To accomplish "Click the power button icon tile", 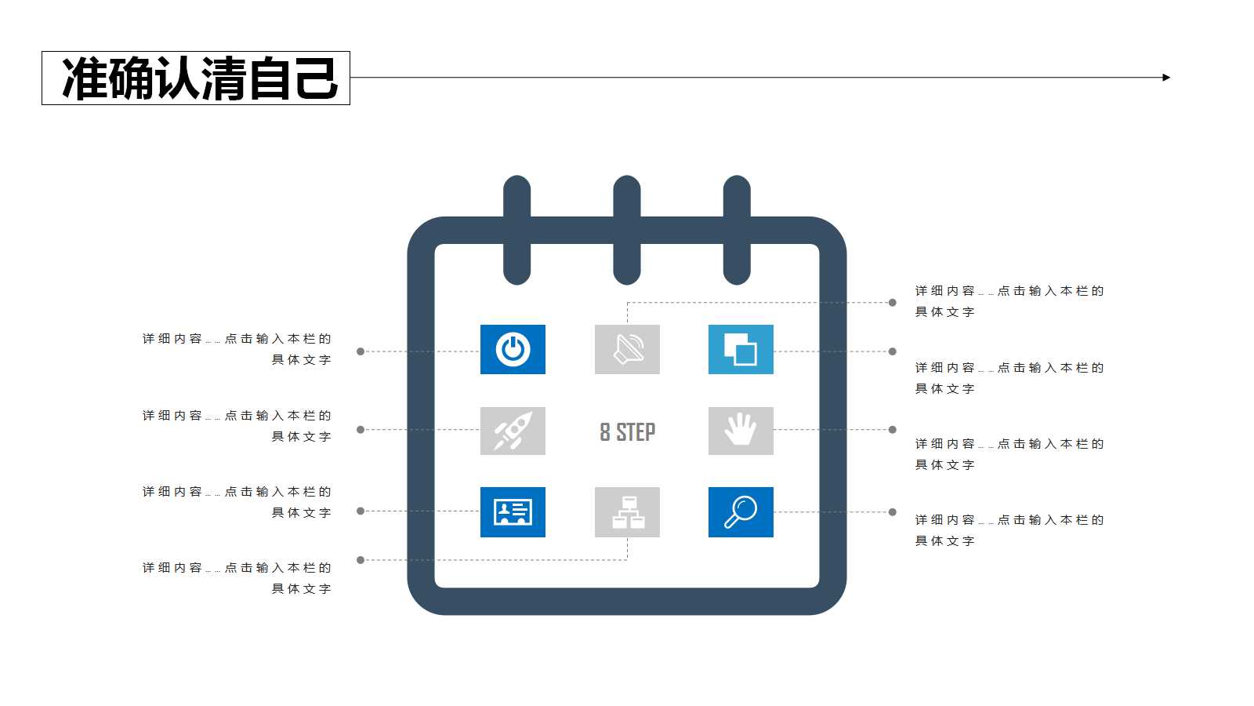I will pos(513,349).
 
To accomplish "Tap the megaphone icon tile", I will pos(627,349).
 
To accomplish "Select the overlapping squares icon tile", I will pos(741,349).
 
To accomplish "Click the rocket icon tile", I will pos(513,431).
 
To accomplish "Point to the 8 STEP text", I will pos(627,432).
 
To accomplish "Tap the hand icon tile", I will pos(741,431).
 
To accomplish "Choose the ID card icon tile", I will pos(513,512).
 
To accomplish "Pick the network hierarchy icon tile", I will pos(627,512).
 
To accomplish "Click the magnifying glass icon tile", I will pos(741,512).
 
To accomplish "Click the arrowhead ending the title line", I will pos(1166,78).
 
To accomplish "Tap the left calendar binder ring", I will pos(516,230).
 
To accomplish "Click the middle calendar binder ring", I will pos(627,230).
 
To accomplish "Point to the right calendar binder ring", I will pos(737,230).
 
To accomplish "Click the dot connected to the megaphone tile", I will pos(892,302).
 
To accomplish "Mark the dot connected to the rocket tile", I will pos(361,430).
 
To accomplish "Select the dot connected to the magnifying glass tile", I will pos(892,512).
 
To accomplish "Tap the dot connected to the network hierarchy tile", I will pos(361,560).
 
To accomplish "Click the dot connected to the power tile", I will pos(361,351).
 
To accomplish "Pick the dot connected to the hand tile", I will pos(892,430).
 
